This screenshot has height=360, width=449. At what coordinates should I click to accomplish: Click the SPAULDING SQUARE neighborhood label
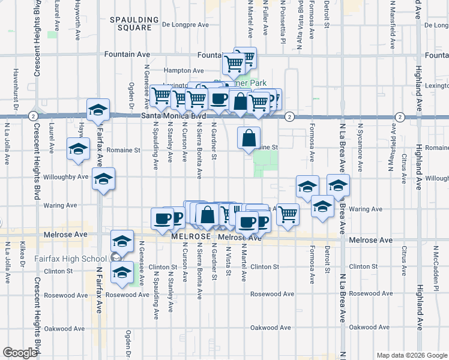[131, 23]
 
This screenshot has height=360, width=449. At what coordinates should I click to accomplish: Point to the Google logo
[19, 353]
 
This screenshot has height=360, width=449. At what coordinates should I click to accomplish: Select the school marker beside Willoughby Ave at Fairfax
[104, 179]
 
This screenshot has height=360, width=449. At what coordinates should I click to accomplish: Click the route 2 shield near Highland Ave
[400, 116]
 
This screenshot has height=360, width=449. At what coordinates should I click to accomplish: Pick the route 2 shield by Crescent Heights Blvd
[33, 116]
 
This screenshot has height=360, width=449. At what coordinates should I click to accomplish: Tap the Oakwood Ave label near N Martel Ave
[270, 328]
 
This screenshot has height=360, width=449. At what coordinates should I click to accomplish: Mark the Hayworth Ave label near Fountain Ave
[77, 23]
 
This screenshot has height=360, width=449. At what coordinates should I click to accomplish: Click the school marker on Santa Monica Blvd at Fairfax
[98, 110]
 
